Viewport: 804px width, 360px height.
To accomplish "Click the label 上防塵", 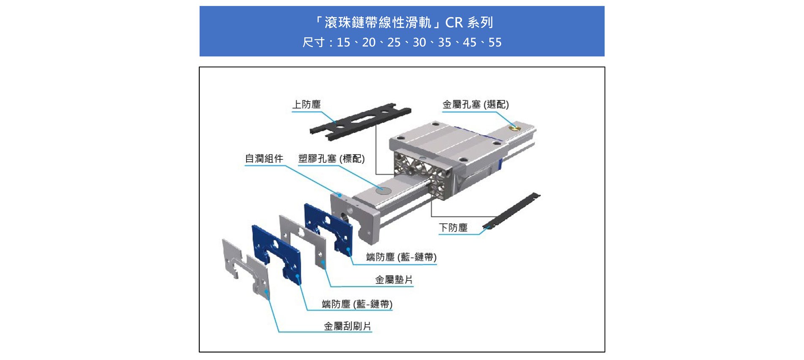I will [307, 104].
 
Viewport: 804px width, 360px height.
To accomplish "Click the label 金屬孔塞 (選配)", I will [475, 104].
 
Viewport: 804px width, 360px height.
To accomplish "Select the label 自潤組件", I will [264, 159].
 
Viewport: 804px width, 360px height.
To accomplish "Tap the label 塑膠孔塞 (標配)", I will [331, 159].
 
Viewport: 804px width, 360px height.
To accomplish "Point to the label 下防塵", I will [453, 228].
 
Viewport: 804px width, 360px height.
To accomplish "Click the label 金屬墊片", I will [394, 280].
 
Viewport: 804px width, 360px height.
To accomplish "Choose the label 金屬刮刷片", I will [347, 326].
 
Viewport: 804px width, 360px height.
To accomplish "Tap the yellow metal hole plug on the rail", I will [513, 127].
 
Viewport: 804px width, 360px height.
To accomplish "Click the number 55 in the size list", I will [494, 43].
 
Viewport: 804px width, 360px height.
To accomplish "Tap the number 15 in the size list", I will [343, 43].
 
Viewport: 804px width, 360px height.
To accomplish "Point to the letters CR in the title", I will [454, 22].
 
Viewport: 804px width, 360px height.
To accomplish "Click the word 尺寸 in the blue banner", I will [313, 43].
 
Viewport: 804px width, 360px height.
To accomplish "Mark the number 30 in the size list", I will [419, 43].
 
